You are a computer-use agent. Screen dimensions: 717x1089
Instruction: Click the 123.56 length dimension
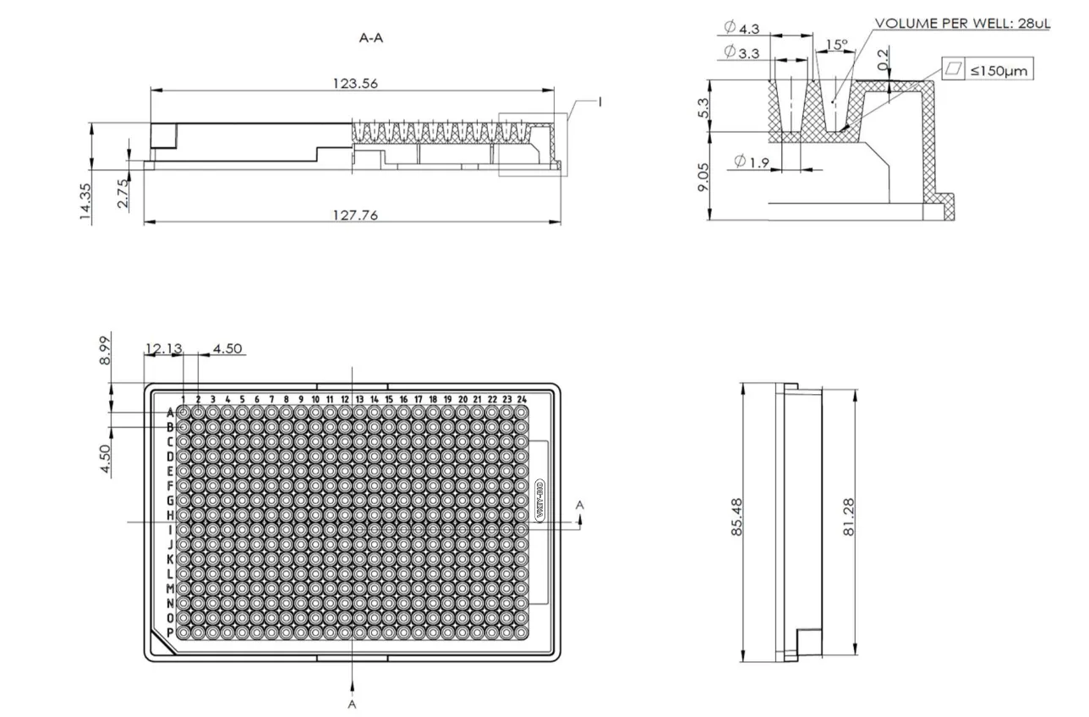(355, 83)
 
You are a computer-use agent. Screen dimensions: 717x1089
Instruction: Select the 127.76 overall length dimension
(355, 215)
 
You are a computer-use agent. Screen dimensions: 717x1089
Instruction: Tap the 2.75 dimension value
(123, 193)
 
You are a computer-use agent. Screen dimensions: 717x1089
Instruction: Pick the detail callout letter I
(599, 101)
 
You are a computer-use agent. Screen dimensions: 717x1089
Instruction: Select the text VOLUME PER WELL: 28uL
(962, 24)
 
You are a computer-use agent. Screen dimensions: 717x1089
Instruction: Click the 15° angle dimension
(835, 44)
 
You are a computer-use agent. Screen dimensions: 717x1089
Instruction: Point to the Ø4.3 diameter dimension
(742, 29)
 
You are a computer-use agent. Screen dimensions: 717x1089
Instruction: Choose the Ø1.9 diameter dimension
(751, 162)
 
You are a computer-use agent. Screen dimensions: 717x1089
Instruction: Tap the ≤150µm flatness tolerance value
(999, 71)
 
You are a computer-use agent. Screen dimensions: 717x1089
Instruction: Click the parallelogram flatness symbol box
(954, 71)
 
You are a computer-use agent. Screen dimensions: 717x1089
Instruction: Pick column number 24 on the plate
(522, 399)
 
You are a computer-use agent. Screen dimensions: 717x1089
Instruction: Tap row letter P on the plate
(170, 632)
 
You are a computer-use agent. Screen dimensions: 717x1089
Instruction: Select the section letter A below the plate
(352, 704)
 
